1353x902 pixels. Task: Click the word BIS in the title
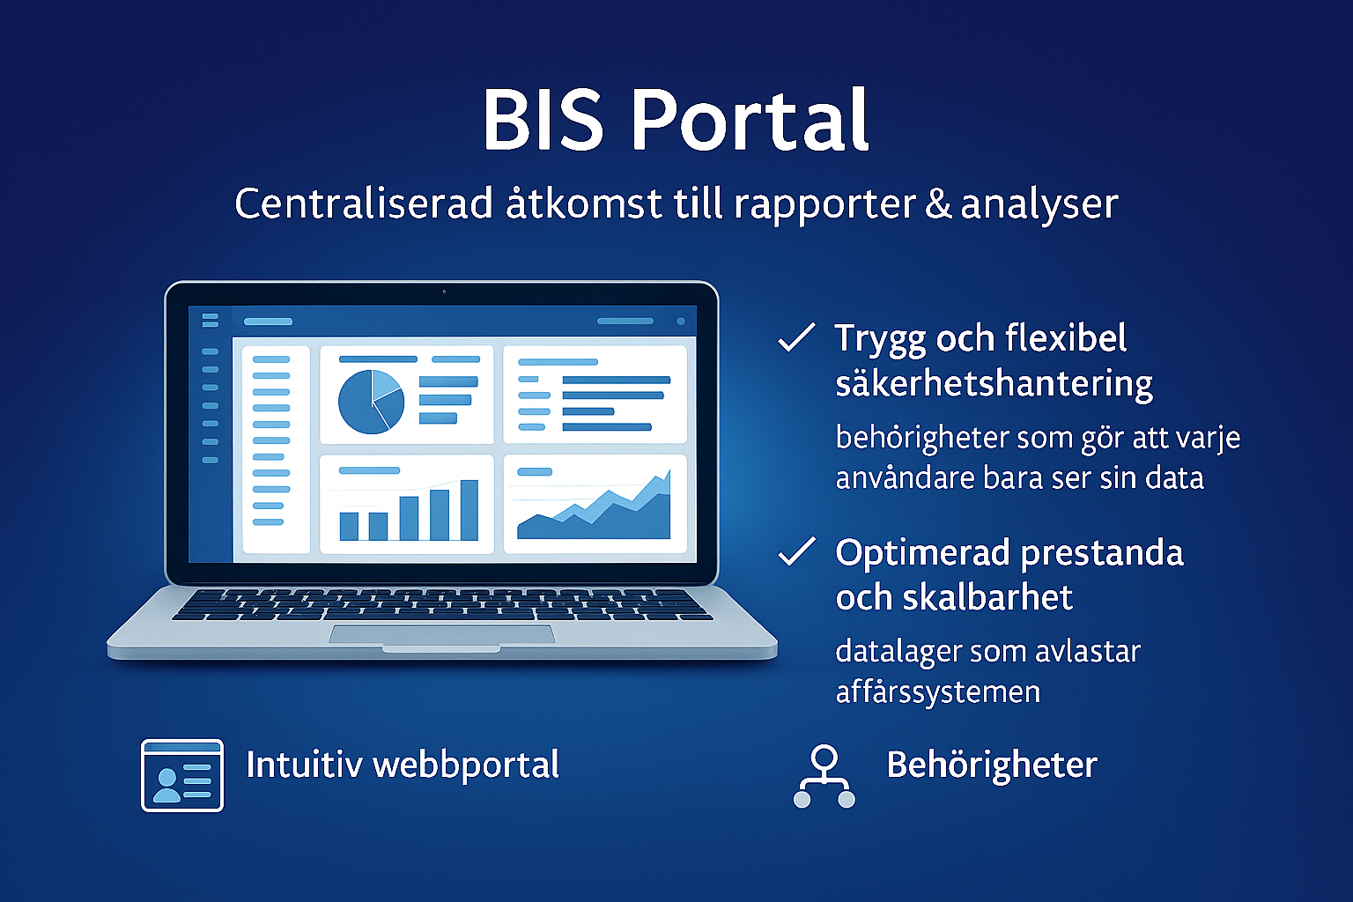click(x=543, y=121)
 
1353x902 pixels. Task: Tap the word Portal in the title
click(x=751, y=121)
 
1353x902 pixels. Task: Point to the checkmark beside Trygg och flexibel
click(x=796, y=338)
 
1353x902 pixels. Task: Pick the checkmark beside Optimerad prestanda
click(x=796, y=552)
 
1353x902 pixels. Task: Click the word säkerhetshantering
click(x=994, y=384)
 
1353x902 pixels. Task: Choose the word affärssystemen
click(x=937, y=692)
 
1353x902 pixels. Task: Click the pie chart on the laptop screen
click(x=371, y=402)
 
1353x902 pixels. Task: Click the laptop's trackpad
click(x=441, y=634)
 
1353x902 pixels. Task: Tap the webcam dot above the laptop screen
click(x=444, y=292)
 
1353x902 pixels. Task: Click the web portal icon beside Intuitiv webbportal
click(x=182, y=775)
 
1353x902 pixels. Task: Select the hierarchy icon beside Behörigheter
click(x=824, y=776)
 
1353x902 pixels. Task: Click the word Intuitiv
click(x=303, y=765)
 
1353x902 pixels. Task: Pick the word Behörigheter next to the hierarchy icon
click(x=992, y=765)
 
